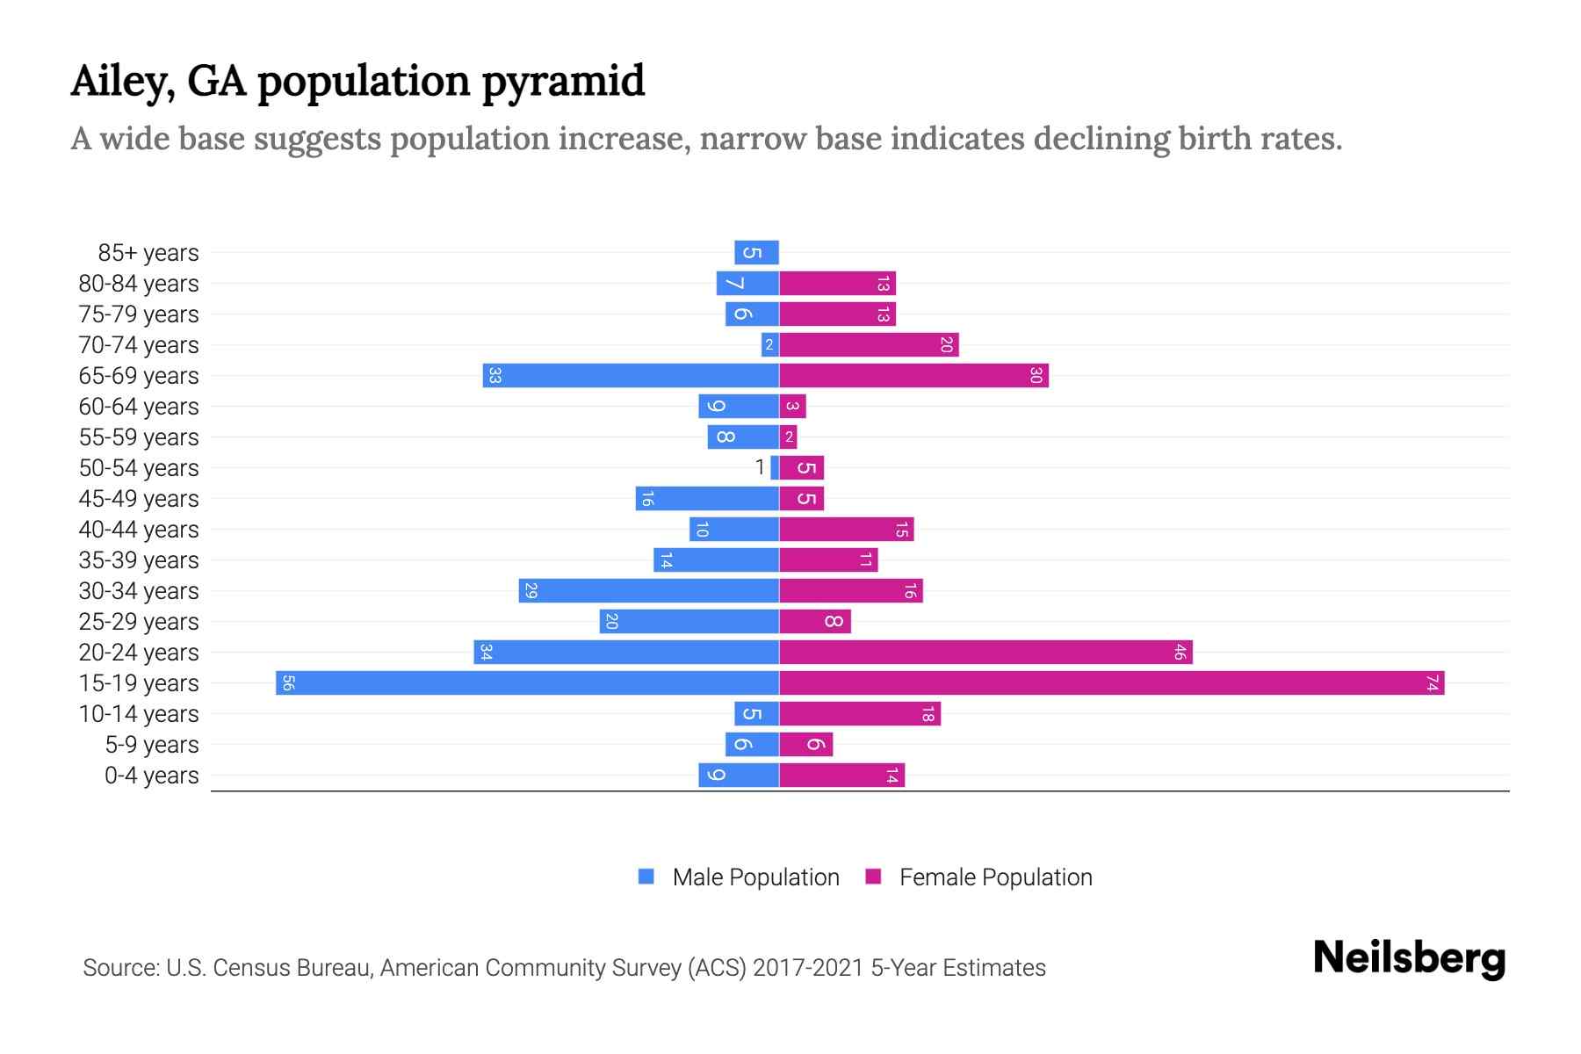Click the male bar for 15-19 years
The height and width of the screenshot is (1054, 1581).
(527, 683)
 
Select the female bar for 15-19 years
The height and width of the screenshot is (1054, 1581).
(1111, 683)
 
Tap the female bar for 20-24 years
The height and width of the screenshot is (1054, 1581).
(985, 653)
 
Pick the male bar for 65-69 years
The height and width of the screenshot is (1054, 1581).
(631, 376)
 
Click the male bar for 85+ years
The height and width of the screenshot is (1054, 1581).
(757, 253)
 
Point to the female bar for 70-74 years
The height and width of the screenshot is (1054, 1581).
(869, 345)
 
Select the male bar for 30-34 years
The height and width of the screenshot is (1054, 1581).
(648, 591)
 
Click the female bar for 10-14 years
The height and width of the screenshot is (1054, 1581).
(860, 714)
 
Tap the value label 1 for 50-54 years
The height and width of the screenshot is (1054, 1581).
(760, 468)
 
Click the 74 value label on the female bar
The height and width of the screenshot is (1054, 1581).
(1432, 683)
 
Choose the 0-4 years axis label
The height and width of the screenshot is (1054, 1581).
(151, 776)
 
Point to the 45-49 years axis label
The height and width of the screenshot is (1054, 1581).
(139, 499)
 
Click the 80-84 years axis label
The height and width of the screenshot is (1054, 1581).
(139, 284)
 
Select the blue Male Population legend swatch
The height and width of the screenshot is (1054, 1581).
(646, 877)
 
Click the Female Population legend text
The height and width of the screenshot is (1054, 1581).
(995, 877)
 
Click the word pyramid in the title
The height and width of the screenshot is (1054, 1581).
(563, 82)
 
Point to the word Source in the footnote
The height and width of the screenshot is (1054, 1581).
(119, 968)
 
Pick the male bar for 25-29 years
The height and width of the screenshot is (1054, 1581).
(689, 622)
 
